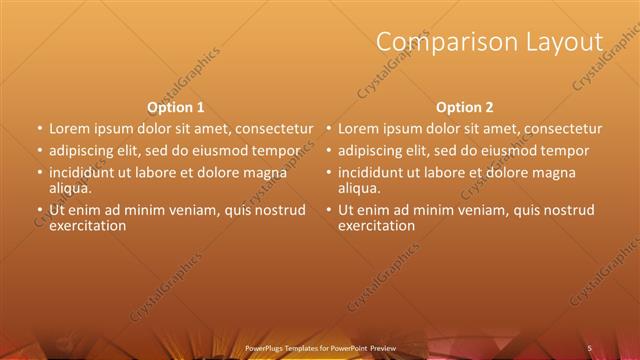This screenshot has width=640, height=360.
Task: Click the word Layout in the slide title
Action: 567,42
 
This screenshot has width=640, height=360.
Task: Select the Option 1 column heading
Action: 176,107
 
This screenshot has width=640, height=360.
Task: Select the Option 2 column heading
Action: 465,107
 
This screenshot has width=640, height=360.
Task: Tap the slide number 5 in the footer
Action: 589,347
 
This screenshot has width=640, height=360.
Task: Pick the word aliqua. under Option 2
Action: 359,187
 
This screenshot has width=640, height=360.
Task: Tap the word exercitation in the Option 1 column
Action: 87,225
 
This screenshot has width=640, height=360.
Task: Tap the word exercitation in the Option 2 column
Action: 376,225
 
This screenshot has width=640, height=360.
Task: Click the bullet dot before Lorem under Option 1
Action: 40,129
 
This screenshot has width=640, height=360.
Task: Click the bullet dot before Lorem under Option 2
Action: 329,129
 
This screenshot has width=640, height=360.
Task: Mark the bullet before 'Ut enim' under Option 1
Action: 40,210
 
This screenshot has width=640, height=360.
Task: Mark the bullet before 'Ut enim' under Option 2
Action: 329,210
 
